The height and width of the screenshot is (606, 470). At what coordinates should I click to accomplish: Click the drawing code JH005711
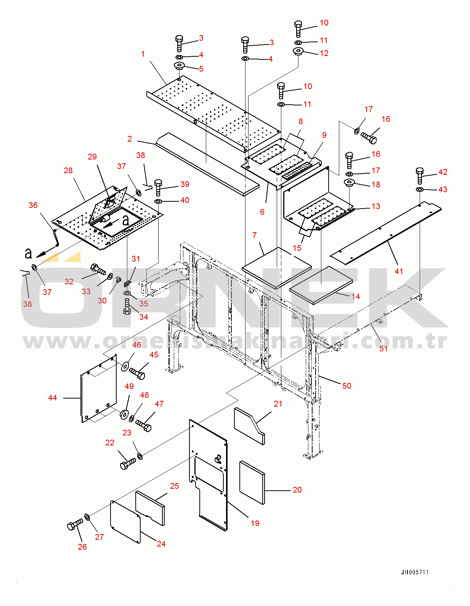tap(414, 572)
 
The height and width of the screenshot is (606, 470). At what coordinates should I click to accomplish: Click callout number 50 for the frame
tap(346, 386)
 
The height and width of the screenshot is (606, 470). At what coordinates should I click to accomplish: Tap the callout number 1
tap(143, 54)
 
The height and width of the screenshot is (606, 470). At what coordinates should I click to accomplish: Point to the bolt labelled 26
tap(74, 525)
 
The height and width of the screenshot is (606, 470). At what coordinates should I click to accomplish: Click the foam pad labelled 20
tap(252, 482)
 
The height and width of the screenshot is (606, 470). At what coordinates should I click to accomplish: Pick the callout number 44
tap(53, 398)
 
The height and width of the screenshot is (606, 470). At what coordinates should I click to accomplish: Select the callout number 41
tap(399, 271)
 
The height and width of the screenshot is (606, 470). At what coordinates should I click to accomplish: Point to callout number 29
tap(92, 157)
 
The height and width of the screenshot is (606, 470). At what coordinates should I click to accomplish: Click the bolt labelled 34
tap(127, 306)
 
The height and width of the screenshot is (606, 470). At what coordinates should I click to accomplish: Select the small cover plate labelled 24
tap(125, 521)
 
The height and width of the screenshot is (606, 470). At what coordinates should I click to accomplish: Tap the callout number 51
tap(383, 348)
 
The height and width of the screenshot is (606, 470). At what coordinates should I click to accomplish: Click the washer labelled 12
tap(298, 51)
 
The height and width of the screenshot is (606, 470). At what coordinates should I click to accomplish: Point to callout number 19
tap(255, 523)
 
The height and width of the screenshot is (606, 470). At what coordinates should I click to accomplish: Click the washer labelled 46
tap(125, 367)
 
